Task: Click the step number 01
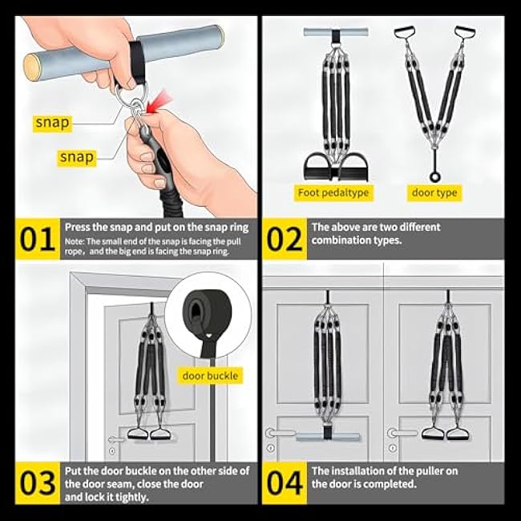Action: click(x=38, y=240)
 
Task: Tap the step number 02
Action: click(x=285, y=240)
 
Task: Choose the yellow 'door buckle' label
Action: click(x=210, y=375)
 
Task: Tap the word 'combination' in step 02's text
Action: click(x=345, y=240)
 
